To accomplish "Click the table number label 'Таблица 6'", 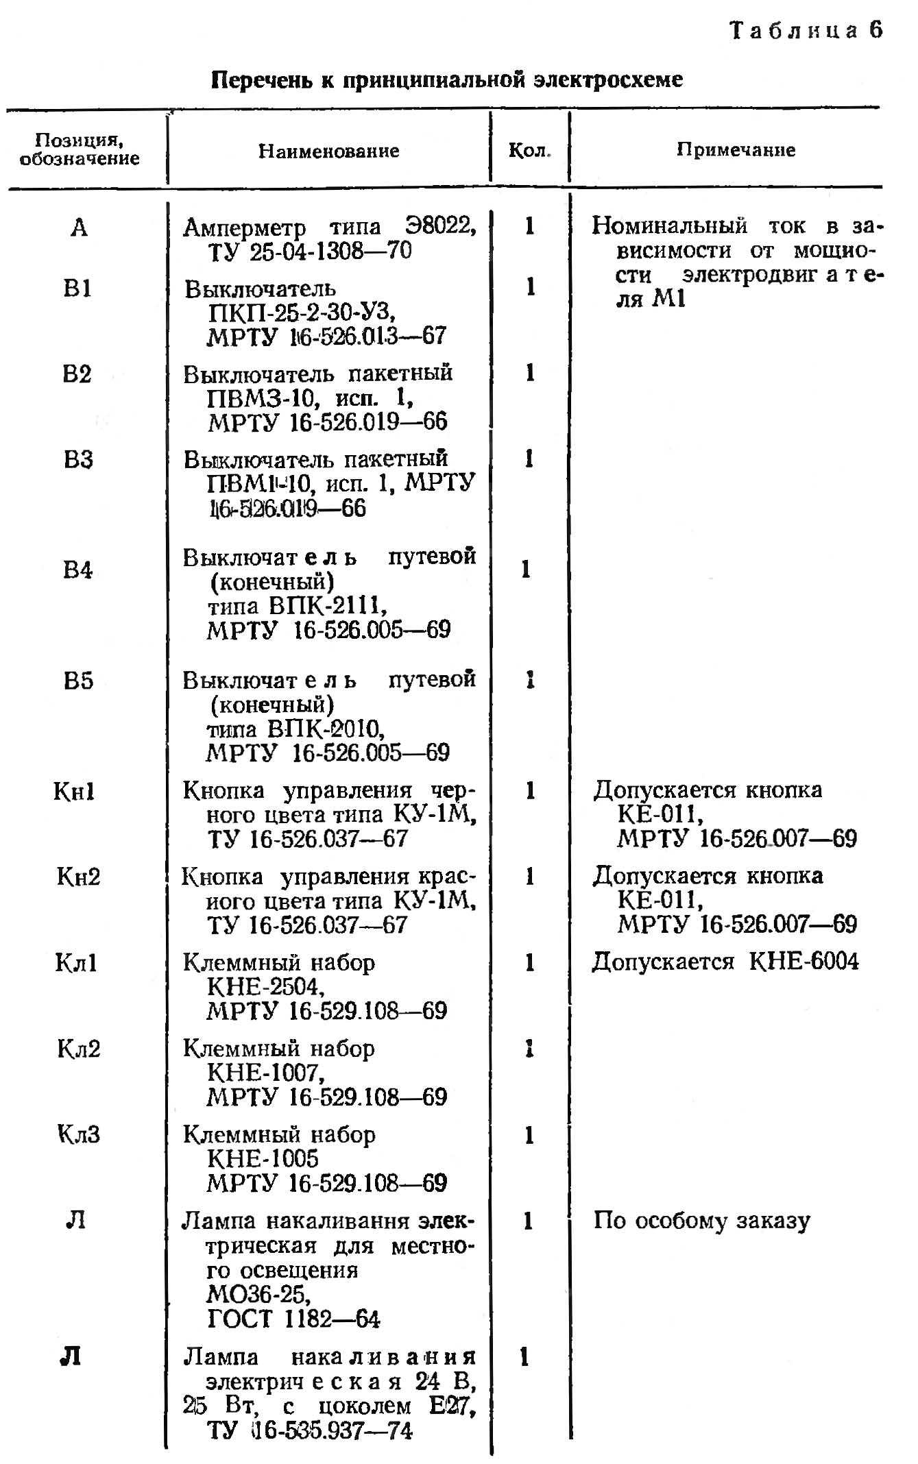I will click(806, 31).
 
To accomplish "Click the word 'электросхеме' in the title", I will click(608, 80).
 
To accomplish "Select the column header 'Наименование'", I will click(328, 151).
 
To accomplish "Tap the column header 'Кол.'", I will click(529, 151).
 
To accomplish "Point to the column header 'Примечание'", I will click(736, 150).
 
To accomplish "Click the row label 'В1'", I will click(77, 289).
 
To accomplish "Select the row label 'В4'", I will click(77, 570).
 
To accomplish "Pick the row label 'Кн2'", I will click(78, 877).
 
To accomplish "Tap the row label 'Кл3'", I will click(78, 1134).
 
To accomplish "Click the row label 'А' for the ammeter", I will click(79, 227).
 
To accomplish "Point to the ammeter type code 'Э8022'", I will click(439, 225).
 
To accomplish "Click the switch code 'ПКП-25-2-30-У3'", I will click(301, 313).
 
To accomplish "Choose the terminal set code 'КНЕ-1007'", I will click(265, 1073).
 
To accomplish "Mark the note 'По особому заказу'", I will click(701, 1221).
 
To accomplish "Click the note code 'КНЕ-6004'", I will click(803, 962).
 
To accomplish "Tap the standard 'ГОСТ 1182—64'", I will click(293, 1319).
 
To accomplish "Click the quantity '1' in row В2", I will click(530, 374).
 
